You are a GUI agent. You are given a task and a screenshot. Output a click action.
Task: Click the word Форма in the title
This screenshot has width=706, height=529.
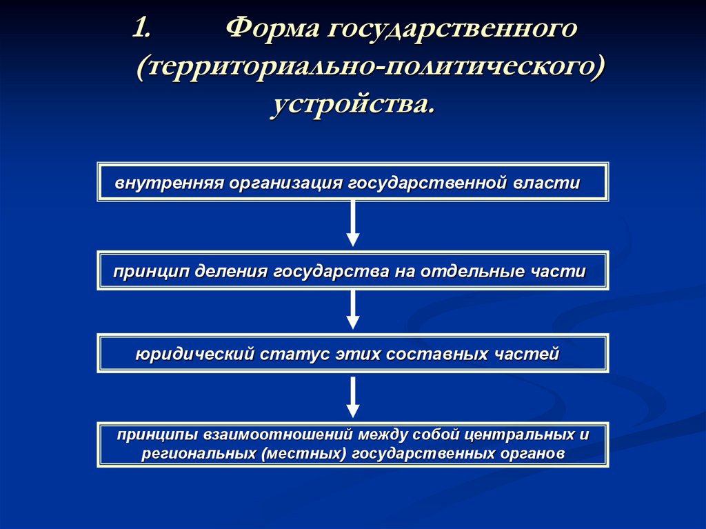coord(270,28)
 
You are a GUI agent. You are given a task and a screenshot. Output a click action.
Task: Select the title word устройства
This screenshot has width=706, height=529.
coord(353,104)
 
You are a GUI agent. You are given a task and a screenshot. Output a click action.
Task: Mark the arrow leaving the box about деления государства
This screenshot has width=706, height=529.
coord(353,310)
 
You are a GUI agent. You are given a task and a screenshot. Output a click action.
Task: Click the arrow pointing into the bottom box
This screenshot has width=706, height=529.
coord(353,397)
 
